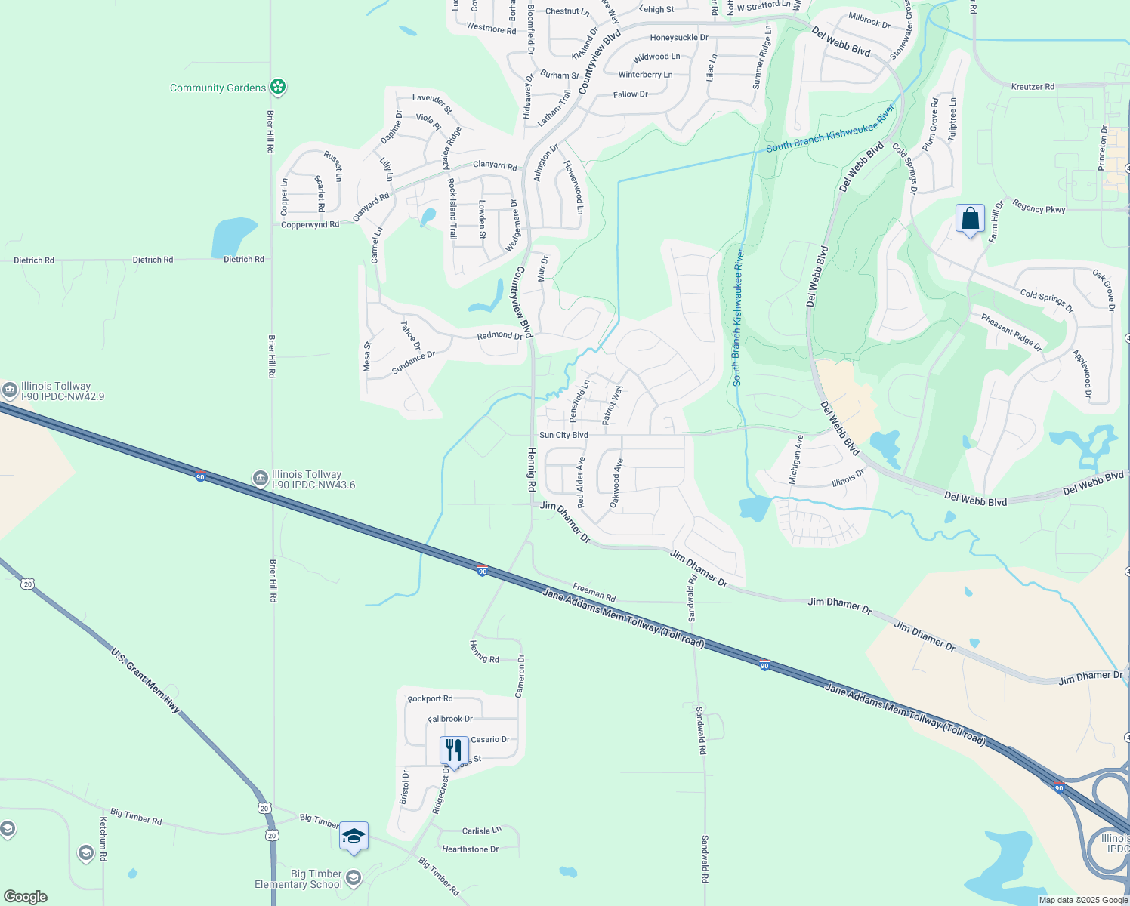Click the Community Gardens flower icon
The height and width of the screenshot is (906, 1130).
click(278, 87)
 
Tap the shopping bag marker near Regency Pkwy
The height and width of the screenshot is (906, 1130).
click(970, 219)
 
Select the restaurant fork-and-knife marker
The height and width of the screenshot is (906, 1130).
click(454, 750)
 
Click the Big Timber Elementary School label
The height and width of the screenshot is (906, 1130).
click(298, 879)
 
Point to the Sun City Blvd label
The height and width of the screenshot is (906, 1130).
click(563, 435)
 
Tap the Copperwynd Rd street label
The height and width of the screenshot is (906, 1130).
click(310, 224)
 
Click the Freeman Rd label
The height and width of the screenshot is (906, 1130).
click(594, 592)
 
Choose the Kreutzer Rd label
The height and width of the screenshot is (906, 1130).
click(1033, 87)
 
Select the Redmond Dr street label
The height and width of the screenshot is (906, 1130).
click(499, 335)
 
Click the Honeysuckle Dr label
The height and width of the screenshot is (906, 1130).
click(679, 38)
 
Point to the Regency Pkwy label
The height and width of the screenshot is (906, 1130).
click(1039, 208)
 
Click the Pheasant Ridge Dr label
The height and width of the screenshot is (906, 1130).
click(1011, 332)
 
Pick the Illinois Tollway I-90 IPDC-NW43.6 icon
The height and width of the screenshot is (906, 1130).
click(260, 478)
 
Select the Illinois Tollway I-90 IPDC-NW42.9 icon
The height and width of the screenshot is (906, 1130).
click(10, 390)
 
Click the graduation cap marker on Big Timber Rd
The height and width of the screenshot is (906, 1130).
click(354, 837)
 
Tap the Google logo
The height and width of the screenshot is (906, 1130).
click(25, 896)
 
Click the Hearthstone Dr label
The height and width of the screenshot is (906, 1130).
click(470, 849)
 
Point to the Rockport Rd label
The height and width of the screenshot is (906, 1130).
click(430, 698)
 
